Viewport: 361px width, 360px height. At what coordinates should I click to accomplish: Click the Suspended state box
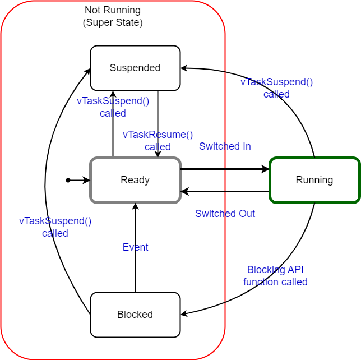pyautogui.click(x=135, y=68)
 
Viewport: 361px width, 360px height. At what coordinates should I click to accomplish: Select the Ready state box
pyautogui.click(x=135, y=180)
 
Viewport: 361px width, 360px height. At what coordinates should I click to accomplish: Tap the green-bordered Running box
pyautogui.click(x=314, y=180)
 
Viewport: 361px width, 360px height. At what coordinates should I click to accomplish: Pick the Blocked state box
pyautogui.click(x=135, y=315)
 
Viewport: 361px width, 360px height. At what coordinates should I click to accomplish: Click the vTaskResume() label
pyautogui.click(x=158, y=135)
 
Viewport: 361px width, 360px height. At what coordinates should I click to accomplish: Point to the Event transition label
pyautogui.click(x=135, y=247)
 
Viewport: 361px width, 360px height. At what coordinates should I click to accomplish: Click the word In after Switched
pyautogui.click(x=246, y=146)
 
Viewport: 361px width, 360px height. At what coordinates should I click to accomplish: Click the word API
pyautogui.click(x=296, y=270)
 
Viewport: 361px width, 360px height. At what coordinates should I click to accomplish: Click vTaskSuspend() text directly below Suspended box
pyautogui.click(x=113, y=101)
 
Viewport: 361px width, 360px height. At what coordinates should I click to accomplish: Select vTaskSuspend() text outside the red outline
pyautogui.click(x=276, y=82)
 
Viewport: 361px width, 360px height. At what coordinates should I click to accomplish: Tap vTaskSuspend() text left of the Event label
pyautogui.click(x=55, y=221)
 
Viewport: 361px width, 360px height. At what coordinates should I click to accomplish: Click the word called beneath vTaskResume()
pyautogui.click(x=158, y=147)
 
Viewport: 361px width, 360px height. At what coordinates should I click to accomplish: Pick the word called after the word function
pyautogui.click(x=294, y=282)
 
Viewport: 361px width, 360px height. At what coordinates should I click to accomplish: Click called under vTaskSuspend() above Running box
pyautogui.click(x=276, y=94)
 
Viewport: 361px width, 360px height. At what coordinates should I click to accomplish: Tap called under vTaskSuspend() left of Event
pyautogui.click(x=55, y=233)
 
